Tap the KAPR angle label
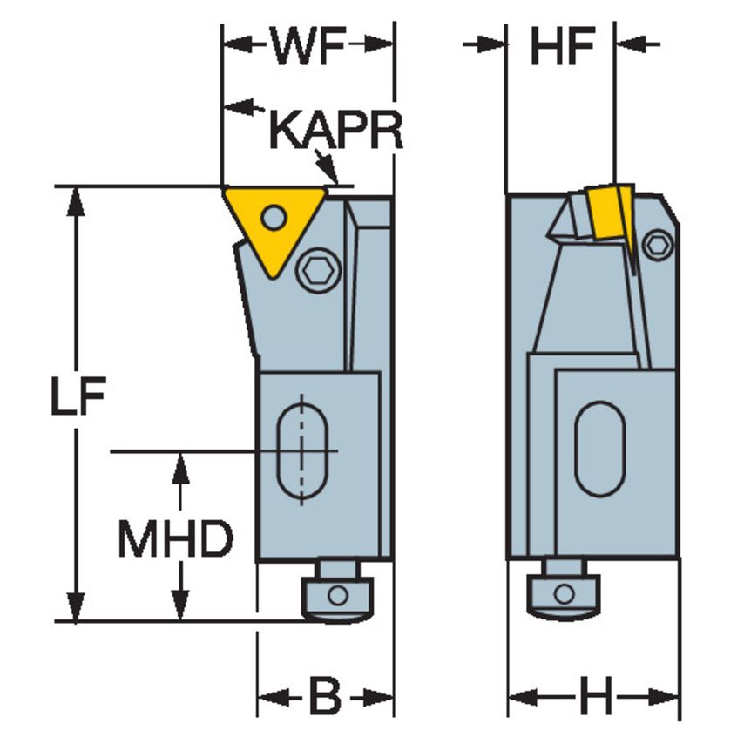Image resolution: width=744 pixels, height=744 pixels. click(x=335, y=130)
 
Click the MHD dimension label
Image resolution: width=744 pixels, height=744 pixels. click(x=175, y=540)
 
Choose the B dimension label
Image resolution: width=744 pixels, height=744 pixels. click(x=324, y=697)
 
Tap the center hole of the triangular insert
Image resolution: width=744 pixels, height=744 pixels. click(x=274, y=216)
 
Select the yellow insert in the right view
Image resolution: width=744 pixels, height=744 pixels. click(x=609, y=214)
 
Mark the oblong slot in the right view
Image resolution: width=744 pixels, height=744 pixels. click(x=599, y=449)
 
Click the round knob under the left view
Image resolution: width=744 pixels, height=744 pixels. click(x=336, y=596)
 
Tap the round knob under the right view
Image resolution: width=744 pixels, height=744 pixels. click(x=564, y=594)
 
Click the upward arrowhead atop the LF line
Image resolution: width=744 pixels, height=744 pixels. click(x=77, y=200)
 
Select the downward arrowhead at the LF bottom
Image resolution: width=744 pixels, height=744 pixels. click(x=77, y=607)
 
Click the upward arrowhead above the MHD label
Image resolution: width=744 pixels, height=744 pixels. click(x=180, y=466)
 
